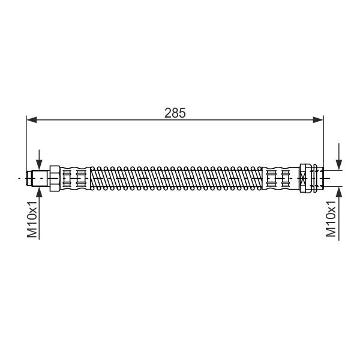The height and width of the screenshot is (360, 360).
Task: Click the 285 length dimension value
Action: [x=175, y=113]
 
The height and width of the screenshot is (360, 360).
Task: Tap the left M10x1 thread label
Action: [x=32, y=220]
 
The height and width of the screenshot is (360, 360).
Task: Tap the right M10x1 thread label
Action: [x=331, y=219]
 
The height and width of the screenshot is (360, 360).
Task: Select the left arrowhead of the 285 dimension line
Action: [x=32, y=119]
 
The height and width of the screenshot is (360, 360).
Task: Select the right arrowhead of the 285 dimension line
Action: [x=318, y=119]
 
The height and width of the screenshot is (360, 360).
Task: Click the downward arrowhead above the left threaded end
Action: [x=39, y=165]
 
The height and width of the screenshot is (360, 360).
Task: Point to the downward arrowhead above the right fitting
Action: [x=339, y=165]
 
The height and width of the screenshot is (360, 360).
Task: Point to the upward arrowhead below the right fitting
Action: [x=339, y=192]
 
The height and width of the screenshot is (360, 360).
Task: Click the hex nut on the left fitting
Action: [x=55, y=178]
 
